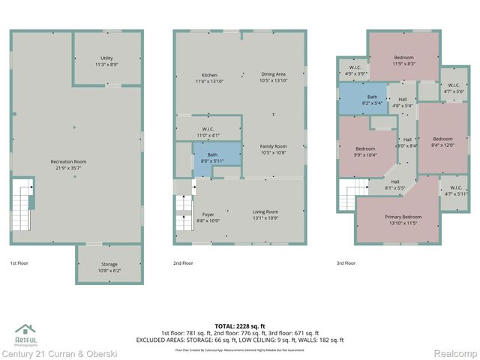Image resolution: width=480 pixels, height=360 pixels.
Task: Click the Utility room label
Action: pyautogui.click(x=106, y=61)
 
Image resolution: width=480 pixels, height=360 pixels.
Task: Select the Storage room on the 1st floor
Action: pyautogui.click(x=108, y=268)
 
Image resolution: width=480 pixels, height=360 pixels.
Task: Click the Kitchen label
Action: pyautogui.click(x=209, y=77)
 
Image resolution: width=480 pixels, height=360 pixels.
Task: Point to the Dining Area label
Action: pyautogui.click(x=273, y=77)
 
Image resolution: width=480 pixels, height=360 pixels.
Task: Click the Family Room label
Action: pyautogui.click(x=273, y=148)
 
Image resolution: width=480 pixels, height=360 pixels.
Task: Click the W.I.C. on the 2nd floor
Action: pyautogui.click(x=208, y=131)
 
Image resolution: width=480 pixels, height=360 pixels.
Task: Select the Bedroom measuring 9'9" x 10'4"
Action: pyautogui.click(x=364, y=151)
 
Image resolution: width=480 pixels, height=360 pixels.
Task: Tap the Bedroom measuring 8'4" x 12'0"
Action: pyautogui.click(x=442, y=142)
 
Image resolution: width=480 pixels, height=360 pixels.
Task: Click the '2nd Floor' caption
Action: pyautogui.click(x=183, y=263)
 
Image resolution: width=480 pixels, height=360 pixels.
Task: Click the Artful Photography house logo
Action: pyautogui.click(x=25, y=330)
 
